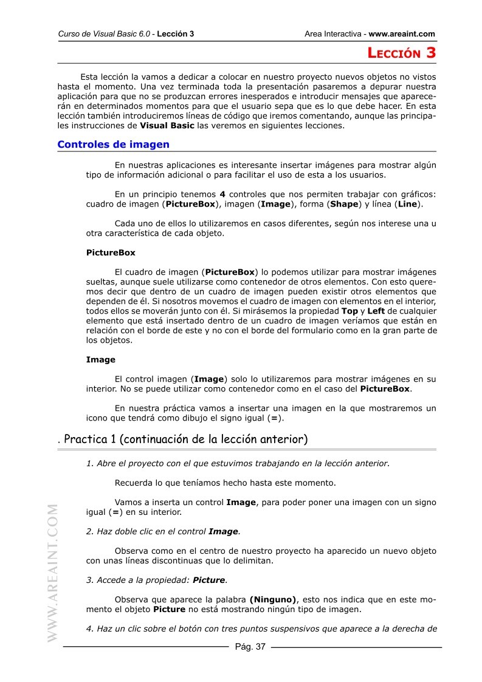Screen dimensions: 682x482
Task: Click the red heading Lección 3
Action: [x=402, y=53]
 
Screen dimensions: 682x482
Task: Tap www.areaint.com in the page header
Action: [x=402, y=34]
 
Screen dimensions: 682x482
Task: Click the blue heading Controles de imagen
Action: [x=113, y=145]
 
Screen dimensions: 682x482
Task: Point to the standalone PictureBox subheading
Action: [x=111, y=252]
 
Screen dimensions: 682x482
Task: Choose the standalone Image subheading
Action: [x=100, y=359]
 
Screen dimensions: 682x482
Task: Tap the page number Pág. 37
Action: [x=250, y=647]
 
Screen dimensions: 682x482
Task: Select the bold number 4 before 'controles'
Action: [x=222, y=194]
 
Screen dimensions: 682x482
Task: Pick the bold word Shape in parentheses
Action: [x=343, y=204]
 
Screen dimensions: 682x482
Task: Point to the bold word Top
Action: [x=350, y=311]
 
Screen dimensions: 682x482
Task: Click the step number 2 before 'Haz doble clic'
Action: [x=89, y=531]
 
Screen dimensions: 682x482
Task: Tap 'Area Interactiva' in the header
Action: [x=332, y=34]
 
